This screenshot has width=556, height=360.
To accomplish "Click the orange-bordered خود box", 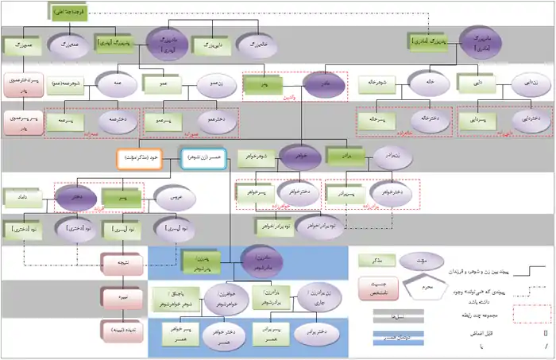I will click(x=139, y=159).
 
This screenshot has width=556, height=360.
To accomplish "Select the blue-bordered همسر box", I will click(x=203, y=159).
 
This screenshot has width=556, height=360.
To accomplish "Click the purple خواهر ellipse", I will click(x=299, y=156).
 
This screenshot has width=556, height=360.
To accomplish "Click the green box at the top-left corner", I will click(x=68, y=11).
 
